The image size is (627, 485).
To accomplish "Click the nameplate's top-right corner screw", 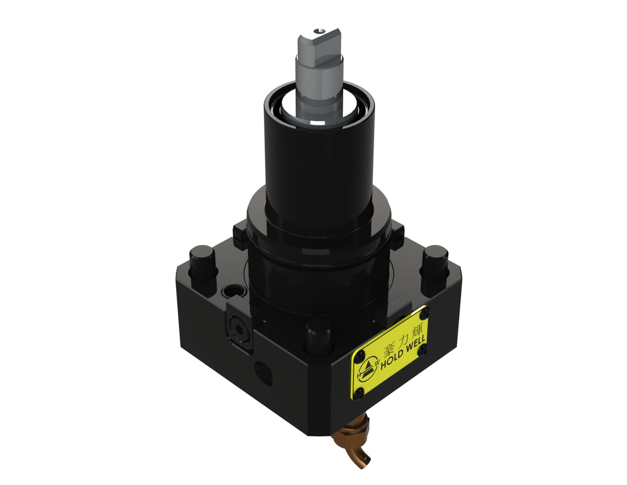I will [424, 313].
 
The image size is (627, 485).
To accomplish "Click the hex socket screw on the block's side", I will [240, 330].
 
